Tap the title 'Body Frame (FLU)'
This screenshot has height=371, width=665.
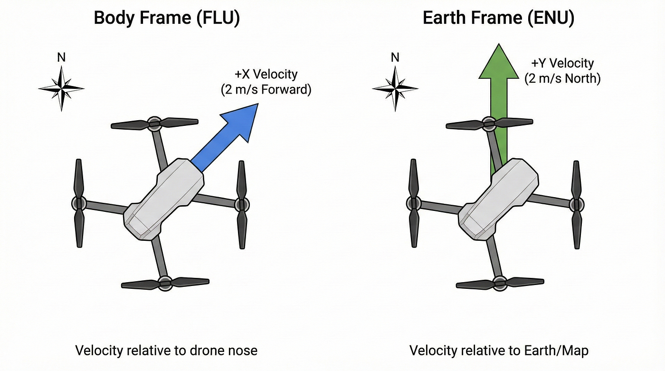point(167,18)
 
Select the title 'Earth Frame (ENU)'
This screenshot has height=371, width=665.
point(498,18)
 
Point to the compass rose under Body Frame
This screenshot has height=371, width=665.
point(61,88)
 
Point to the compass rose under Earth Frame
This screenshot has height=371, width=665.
point(395,88)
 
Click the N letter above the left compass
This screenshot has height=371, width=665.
point(61,57)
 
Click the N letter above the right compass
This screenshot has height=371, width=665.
point(395,57)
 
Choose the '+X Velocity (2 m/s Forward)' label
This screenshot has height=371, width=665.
point(266,82)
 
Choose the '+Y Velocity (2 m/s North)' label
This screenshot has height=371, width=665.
point(562,71)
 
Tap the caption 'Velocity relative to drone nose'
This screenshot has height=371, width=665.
point(166,351)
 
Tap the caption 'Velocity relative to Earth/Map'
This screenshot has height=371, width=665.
point(499,351)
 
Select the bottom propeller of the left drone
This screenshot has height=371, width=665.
point(165,282)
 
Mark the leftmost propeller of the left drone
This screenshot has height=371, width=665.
point(79,204)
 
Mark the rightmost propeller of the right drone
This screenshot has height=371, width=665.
point(577,205)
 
